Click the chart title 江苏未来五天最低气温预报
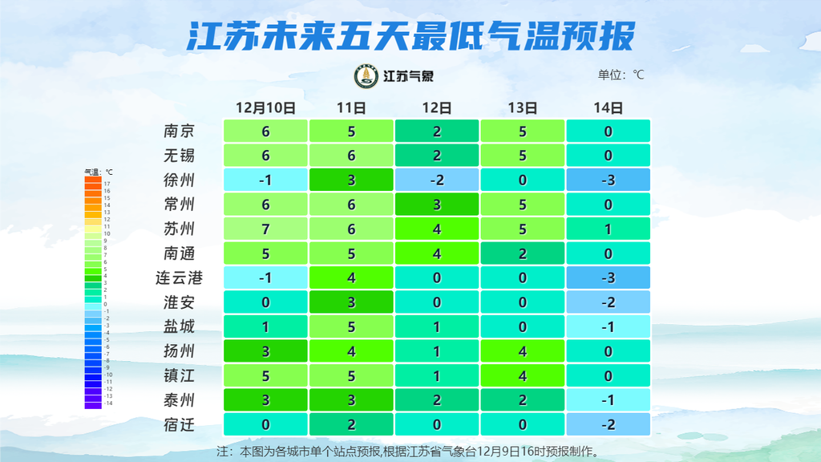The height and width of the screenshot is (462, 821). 410,35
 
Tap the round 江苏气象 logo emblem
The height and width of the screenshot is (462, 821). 367,76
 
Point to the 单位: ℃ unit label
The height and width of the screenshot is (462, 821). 621,75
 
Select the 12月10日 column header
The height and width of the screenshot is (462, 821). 265,107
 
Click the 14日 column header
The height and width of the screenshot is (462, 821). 609,107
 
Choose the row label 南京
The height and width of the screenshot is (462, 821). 179,131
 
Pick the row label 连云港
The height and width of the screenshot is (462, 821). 179,278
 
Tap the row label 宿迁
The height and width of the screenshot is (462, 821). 179,425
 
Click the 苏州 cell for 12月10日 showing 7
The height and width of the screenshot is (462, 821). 265,229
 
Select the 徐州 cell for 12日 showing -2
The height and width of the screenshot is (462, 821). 437,180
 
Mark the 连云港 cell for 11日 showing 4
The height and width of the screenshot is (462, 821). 351,278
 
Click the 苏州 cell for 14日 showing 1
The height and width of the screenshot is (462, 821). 609,229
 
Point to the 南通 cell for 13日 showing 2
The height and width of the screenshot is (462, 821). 523,253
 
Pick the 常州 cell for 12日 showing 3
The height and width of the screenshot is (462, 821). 437,205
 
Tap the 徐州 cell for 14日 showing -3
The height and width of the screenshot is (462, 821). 609,180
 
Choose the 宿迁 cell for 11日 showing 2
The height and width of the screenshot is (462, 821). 351,425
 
